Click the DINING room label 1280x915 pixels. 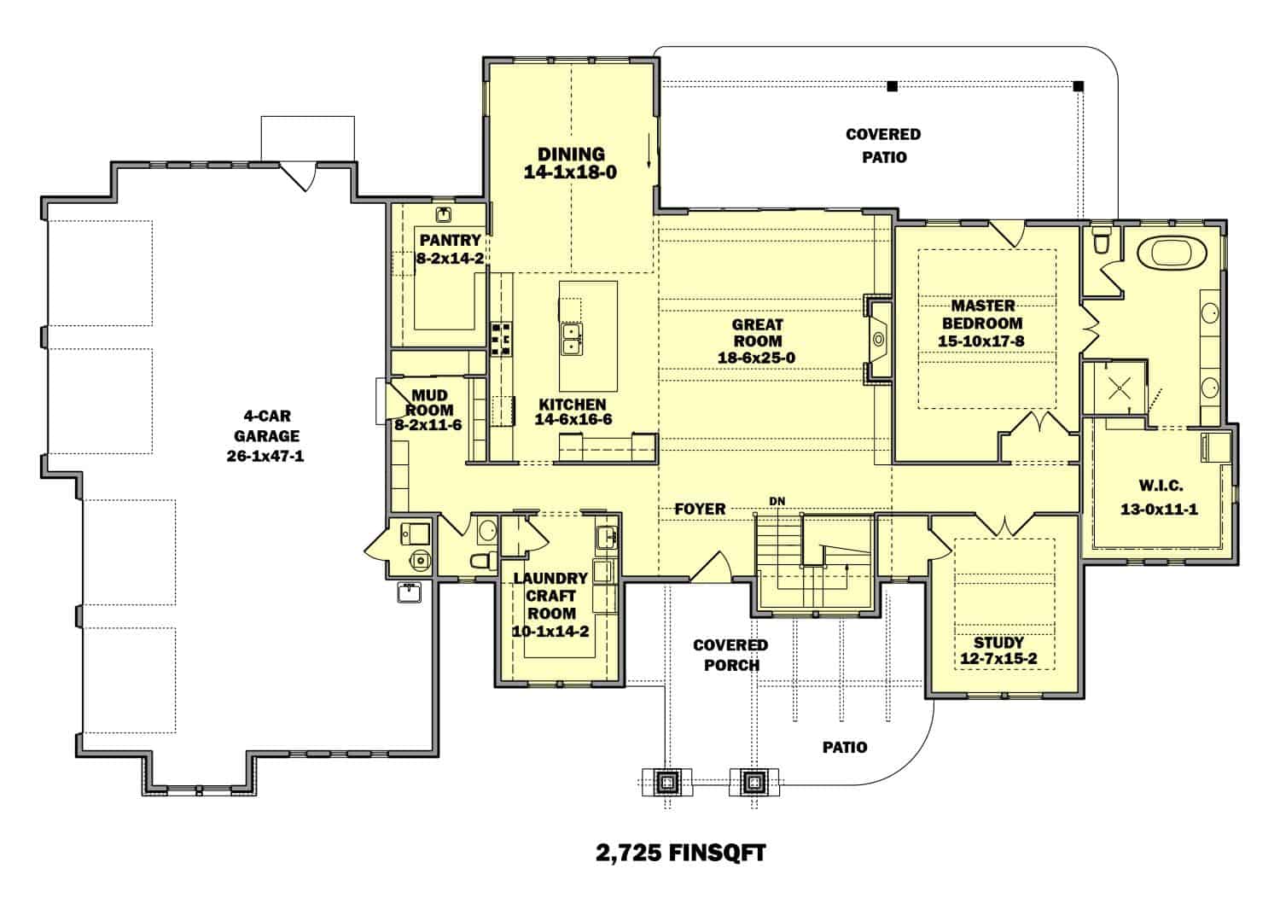pos(571,154)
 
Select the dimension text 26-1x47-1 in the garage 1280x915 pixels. pos(265,456)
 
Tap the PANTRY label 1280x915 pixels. pos(450,241)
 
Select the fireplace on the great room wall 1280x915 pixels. pos(878,340)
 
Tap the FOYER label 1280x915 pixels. pos(700,509)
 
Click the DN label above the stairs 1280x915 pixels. pos(777,501)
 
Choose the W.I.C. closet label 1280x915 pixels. pos(1160,486)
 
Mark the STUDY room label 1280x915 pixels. pos(998,643)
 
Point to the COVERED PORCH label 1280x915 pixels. pos(730,655)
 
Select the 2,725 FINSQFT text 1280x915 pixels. pos(680,852)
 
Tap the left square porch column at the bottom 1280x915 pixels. pos(667,781)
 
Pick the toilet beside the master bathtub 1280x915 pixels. pos(1101,241)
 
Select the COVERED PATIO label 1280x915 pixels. pos(883,145)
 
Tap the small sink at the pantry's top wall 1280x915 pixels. pos(444,214)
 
